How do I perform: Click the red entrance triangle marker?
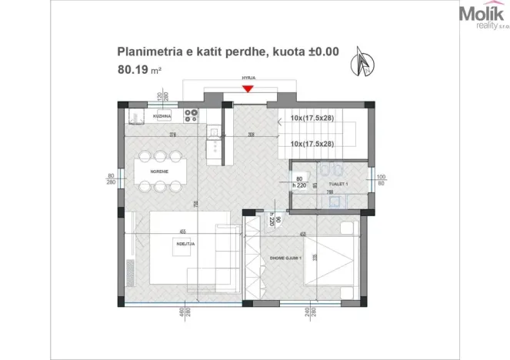247,89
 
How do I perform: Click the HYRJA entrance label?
247,78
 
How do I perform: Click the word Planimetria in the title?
145,52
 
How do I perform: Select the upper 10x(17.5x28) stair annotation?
312,119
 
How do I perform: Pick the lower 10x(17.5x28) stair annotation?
312,144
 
